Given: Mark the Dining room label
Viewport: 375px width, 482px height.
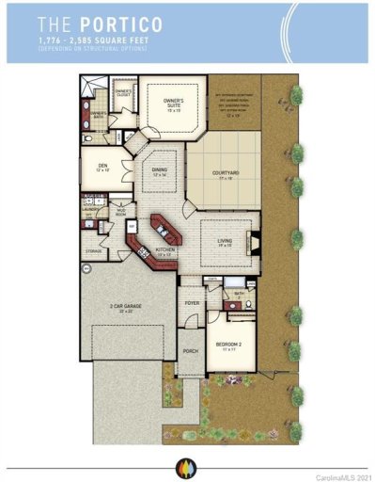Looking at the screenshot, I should point(158,173).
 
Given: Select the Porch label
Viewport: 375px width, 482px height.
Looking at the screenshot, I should point(190,353).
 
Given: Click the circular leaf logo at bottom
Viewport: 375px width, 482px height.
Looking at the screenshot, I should point(181,465).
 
